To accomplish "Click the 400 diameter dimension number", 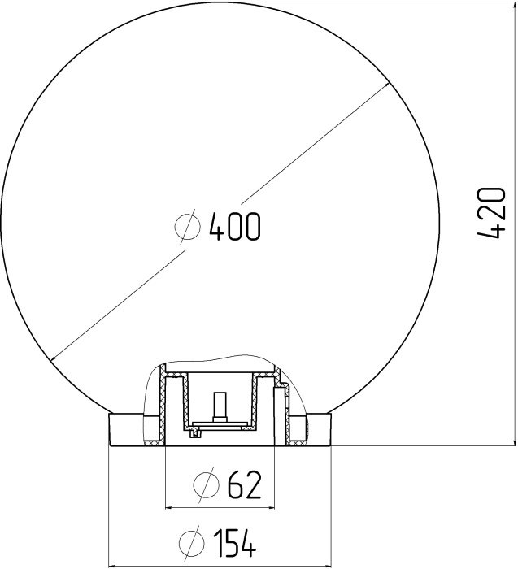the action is (235, 227).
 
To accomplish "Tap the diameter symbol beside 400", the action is (187, 227).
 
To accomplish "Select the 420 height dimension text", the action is (491, 213).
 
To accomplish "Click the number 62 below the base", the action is (244, 484).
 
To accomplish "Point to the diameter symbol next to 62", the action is (207, 484).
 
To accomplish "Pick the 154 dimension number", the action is (234, 543).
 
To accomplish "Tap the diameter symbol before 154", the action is (192, 543).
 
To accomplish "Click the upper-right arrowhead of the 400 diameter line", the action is (386, 85).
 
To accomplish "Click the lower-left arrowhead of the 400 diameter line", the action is (54, 358).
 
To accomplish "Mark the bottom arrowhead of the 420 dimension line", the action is (515, 441).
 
